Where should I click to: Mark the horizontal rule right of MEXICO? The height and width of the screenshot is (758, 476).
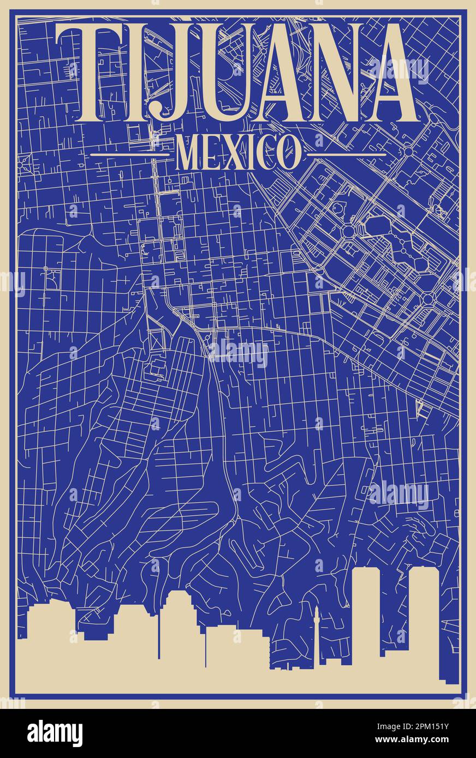pyautogui.click(x=347, y=155)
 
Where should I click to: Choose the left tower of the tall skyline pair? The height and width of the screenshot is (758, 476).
pyautogui.click(x=370, y=616)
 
